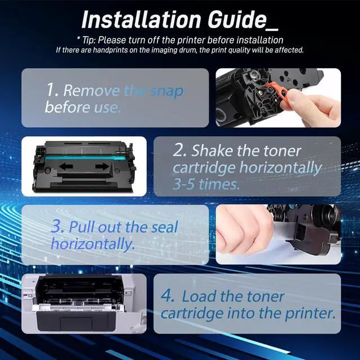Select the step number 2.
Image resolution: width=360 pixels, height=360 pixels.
tap(179, 151)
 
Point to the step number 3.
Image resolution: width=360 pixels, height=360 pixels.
tap(56, 227)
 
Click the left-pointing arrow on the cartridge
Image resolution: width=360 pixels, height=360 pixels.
tap(66, 166)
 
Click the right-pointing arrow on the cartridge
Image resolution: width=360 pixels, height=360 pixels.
tap(102, 166)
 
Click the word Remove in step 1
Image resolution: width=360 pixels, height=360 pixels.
tap(92, 90)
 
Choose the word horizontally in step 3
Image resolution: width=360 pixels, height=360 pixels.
tap(92, 244)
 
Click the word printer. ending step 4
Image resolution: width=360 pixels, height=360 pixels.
tap(308, 313)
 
